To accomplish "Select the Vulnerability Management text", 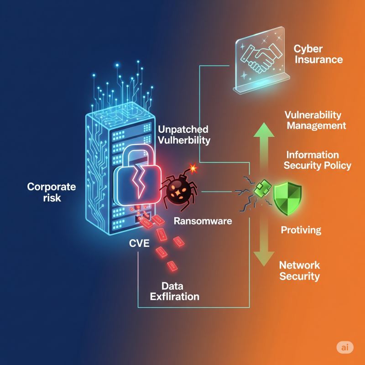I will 315,120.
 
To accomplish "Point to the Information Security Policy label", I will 318,160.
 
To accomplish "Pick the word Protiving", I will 301,229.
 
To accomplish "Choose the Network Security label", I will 299,271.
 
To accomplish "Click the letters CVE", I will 140,242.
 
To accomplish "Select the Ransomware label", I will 203,221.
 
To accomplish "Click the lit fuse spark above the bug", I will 194,169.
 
